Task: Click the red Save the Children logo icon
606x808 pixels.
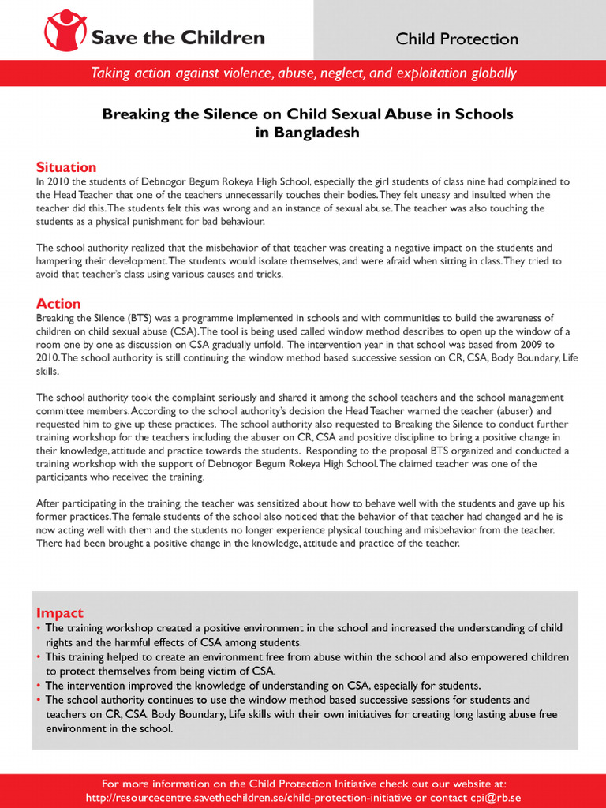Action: (65, 30)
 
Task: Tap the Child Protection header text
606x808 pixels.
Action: (457, 39)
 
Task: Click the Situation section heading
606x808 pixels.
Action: (66, 167)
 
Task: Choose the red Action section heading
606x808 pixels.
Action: (58, 304)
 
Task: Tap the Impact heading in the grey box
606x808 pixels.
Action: (60, 613)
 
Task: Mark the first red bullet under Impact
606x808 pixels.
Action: (39, 628)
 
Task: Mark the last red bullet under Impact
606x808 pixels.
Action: (39, 700)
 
